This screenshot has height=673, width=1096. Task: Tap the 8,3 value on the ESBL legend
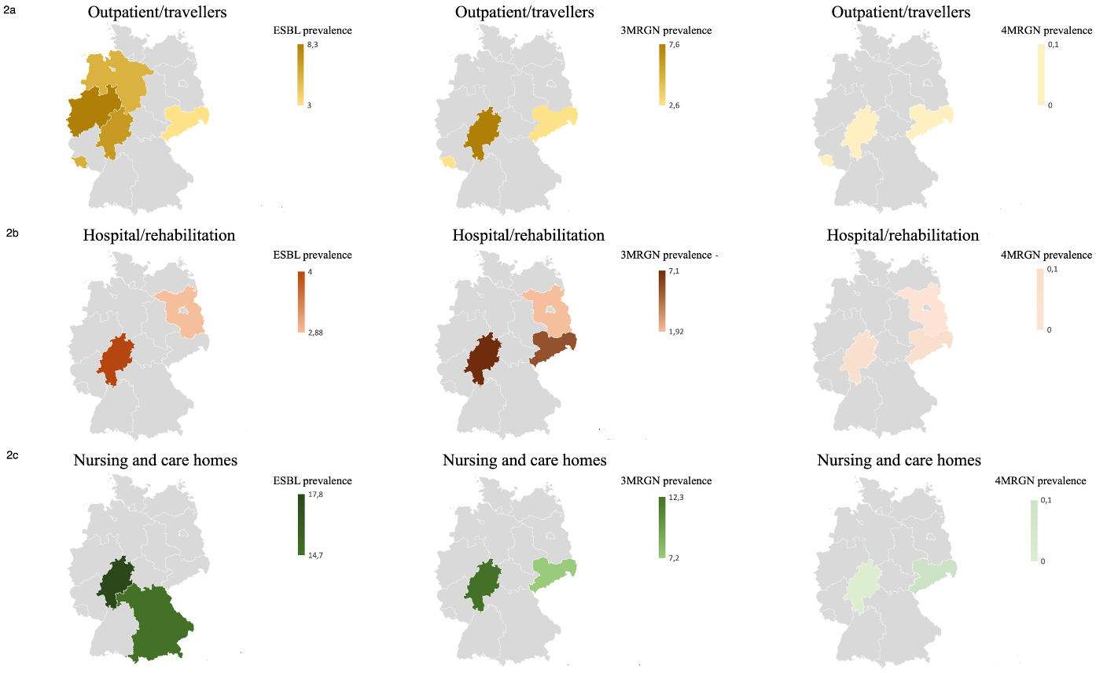click(x=312, y=46)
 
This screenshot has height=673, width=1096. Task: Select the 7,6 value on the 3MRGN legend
click(x=674, y=46)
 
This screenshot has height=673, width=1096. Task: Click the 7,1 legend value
click(x=674, y=271)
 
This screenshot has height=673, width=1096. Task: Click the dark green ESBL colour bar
click(x=301, y=524)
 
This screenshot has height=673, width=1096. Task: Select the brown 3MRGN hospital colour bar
click(x=662, y=300)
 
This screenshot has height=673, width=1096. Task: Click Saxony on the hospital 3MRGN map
click(x=554, y=347)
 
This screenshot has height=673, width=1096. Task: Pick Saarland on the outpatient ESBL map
click(x=79, y=161)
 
